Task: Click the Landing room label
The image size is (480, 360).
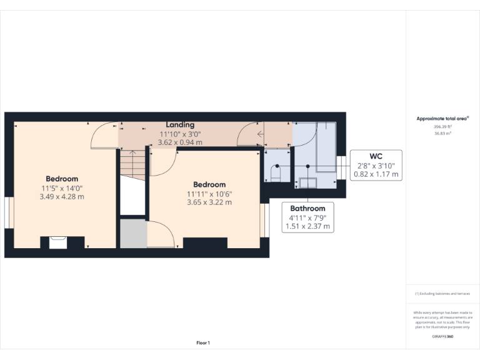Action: [x=180, y=125]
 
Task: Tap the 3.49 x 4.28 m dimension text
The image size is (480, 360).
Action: [x=61, y=197]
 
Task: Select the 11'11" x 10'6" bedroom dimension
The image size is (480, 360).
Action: [x=209, y=194]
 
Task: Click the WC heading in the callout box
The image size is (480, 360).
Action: [x=376, y=156]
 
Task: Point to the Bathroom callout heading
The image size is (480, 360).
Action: [x=307, y=209]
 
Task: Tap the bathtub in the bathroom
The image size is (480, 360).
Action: [x=326, y=147]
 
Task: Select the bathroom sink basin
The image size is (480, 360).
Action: [x=307, y=182]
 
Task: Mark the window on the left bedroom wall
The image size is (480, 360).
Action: [x=9, y=212]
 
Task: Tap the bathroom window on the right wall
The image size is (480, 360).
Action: [x=341, y=167]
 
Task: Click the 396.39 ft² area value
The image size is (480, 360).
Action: [x=442, y=126]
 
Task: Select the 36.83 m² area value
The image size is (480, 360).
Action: [x=442, y=133]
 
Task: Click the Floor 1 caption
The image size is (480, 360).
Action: [x=203, y=343]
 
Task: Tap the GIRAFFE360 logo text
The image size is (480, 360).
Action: [x=442, y=337]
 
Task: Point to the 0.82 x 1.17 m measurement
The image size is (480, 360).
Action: [x=376, y=174]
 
